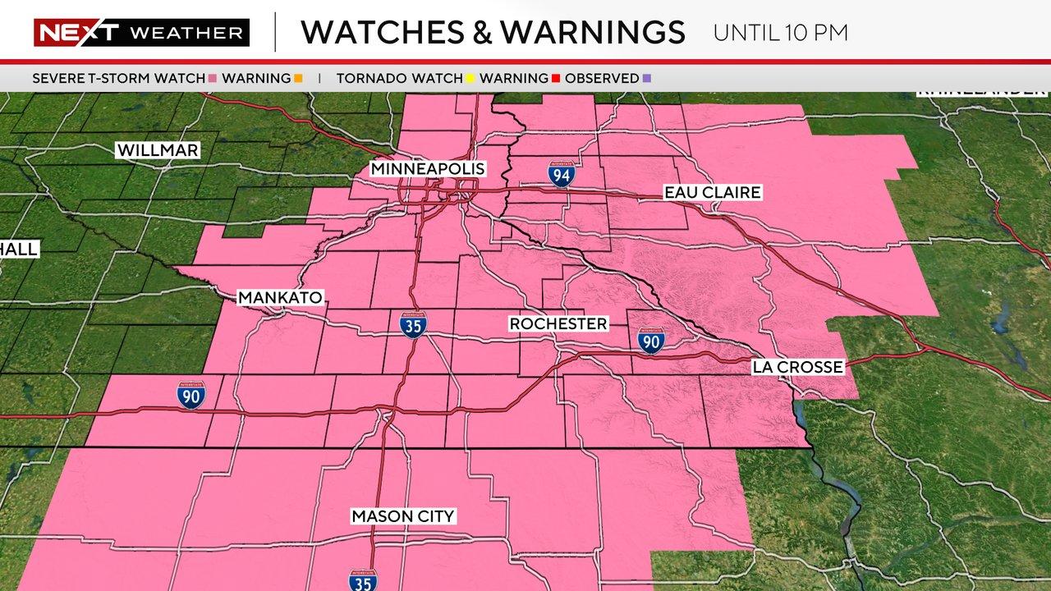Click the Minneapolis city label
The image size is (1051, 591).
coord(428,169)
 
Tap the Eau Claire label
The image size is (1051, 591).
coord(713,193)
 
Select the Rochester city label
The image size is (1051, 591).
coord(558,324)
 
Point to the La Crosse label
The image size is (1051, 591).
coord(797,367)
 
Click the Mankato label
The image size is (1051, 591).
coord(280,298)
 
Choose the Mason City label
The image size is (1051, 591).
coord(402,516)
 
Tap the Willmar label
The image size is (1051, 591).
coord(158,150)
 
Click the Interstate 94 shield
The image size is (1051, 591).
coord(562,173)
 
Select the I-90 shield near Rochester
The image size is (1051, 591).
coord(650,340)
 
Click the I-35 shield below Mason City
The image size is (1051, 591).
coord(363,580)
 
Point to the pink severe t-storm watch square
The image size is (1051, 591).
coord(213,79)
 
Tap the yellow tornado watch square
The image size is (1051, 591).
coord(470,79)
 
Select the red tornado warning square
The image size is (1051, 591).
coord(555,79)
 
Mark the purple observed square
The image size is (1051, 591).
coord(647,79)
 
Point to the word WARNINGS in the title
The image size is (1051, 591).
coord(592,33)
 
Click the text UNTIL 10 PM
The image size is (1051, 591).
coord(780,34)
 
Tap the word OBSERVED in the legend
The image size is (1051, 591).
coord(602,79)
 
